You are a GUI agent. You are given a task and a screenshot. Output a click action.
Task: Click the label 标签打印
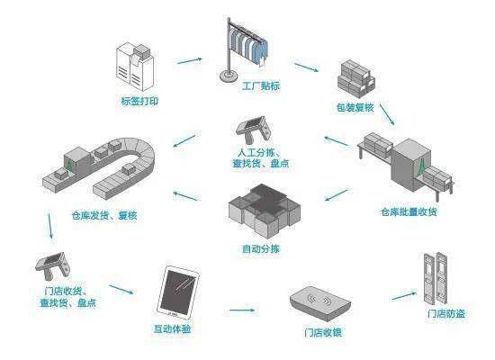(138, 102)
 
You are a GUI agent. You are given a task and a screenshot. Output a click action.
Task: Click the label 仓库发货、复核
(104, 216)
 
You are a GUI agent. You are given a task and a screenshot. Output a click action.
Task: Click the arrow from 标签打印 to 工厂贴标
(189, 60)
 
